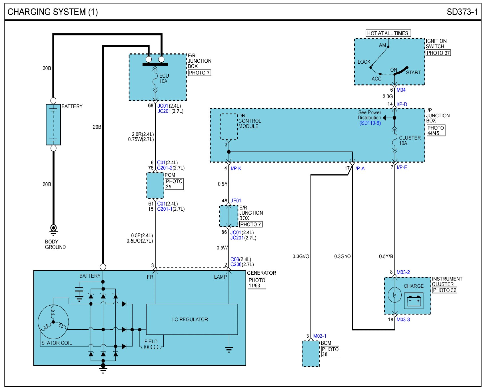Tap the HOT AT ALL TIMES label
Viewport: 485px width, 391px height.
pos(388,33)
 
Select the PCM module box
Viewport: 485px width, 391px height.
pos(155,186)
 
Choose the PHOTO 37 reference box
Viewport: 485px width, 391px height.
pos(438,53)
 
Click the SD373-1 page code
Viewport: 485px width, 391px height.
pos(462,12)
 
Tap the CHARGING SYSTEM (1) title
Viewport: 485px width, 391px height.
pos(53,12)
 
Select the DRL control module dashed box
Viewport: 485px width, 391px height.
pos(229,126)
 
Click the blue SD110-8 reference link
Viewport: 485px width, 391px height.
pos(370,123)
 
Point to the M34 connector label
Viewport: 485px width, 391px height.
pos(401,90)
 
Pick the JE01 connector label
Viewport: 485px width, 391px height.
pos(236,201)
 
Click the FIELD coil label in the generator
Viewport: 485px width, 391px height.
pos(151,341)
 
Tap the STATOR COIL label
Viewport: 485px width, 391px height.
pos(57,343)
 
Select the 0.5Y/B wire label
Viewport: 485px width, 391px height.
pos(386,256)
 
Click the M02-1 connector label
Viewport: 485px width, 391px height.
pos(320,336)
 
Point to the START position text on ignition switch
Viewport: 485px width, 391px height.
pos(413,72)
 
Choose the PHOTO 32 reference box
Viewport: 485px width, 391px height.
pos(444,290)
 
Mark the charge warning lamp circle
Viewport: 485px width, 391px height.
pos(394,295)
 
